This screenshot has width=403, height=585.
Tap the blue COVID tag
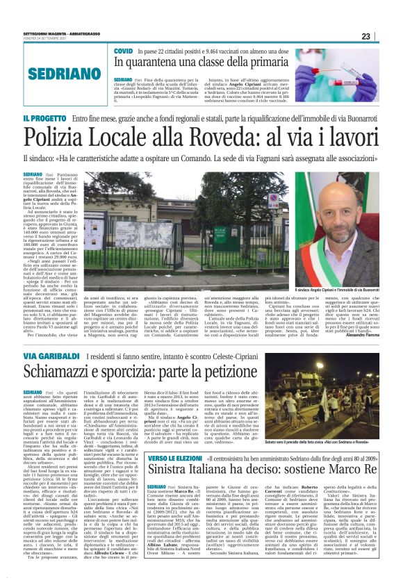(124, 52)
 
